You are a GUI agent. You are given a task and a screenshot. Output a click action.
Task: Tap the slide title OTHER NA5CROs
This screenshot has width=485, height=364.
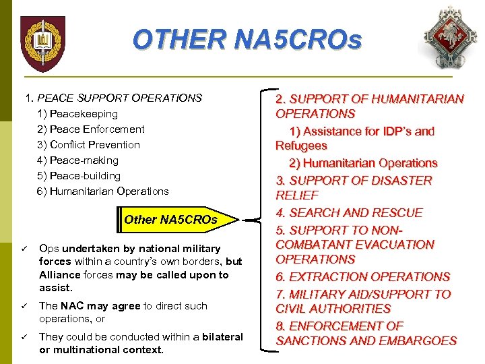coord(247,40)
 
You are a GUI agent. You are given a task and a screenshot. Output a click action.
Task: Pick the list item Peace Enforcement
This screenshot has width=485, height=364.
coord(91,129)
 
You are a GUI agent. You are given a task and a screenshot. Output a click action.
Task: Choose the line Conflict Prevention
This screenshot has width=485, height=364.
coord(89,145)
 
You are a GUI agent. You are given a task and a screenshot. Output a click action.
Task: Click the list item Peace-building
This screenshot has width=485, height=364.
coord(79,176)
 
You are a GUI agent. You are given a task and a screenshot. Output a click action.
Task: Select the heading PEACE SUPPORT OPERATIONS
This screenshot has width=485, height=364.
coord(119,98)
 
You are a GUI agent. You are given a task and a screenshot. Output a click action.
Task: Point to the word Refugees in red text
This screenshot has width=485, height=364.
coord(301,146)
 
